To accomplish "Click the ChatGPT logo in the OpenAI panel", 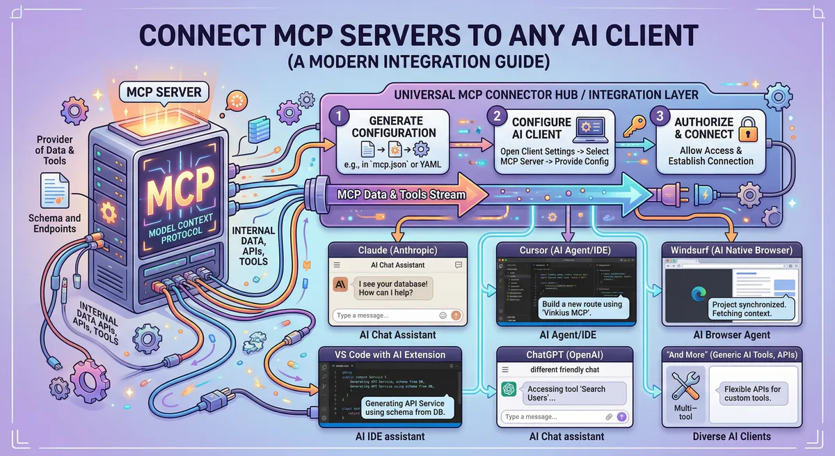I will click(x=509, y=390).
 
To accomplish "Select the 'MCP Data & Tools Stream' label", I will click(x=401, y=194).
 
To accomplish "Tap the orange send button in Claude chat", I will click(x=456, y=315).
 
